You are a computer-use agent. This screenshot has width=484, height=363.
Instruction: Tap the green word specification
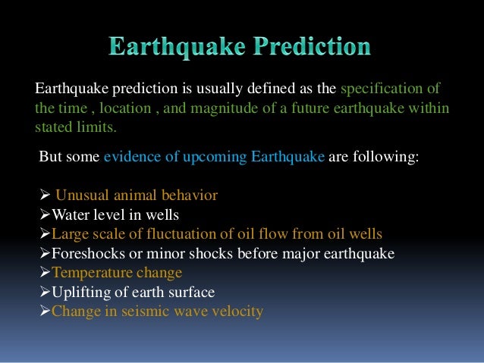[367, 88]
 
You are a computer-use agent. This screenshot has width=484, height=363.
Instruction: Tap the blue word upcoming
[199, 157]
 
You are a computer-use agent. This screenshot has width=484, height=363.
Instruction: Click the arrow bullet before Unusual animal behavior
[44, 196]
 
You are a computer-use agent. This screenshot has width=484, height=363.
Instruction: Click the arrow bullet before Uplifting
[44, 292]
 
